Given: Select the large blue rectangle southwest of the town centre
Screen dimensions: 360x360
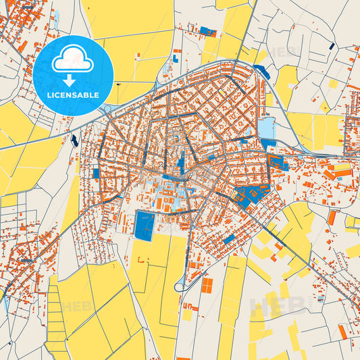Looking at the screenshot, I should [x=145, y=225].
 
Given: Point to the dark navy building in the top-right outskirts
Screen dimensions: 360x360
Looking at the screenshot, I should [x=331, y=46].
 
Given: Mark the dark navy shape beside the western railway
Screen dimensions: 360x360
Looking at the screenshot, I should [x=74, y=140].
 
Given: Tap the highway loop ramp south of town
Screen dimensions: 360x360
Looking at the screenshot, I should [x=182, y=286].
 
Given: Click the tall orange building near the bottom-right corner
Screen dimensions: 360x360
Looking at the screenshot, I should [x=343, y=331].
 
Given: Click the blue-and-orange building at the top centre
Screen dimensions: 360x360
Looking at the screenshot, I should [x=207, y=31].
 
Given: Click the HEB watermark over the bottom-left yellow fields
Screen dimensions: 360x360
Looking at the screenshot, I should [x=74, y=307].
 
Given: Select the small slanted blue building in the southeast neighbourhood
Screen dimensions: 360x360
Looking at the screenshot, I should [x=229, y=239].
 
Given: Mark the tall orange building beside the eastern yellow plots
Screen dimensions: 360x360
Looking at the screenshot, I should [x=332, y=217].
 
